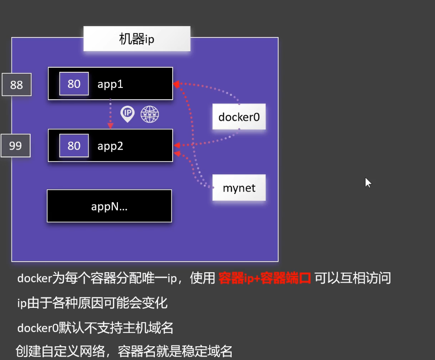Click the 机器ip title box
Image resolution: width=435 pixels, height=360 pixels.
pyautogui.click(x=137, y=39)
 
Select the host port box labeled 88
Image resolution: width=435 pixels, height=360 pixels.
pyautogui.click(x=16, y=85)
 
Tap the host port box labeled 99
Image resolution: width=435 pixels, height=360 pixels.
pyautogui.click(x=16, y=146)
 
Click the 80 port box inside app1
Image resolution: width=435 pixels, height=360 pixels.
pyautogui.click(x=74, y=84)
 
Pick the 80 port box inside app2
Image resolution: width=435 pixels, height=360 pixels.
pyautogui.click(x=74, y=145)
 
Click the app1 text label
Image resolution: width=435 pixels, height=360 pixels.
pyautogui.click(x=110, y=84)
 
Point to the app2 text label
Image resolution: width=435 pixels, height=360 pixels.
pyautogui.click(x=110, y=146)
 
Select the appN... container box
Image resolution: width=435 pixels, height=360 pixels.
pyautogui.click(x=109, y=206)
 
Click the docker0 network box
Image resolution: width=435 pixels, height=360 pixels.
pyautogui.click(x=239, y=117)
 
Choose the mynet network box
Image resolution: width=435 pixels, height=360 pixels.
pyautogui.click(x=239, y=188)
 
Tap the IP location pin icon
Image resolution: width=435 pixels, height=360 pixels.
pyautogui.click(x=127, y=114)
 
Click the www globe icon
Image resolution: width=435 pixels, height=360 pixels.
pyautogui.click(x=150, y=114)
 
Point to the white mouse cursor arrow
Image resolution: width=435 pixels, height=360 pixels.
pyautogui.click(x=367, y=183)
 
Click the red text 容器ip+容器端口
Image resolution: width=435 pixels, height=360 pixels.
pyautogui.click(x=265, y=278)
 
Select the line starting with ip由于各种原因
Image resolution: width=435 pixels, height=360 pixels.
pyautogui.click(x=92, y=303)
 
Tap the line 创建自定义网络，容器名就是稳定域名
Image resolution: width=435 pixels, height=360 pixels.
pyautogui.click(x=124, y=351)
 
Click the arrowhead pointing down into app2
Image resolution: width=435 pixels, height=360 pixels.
pyautogui.click(x=110, y=125)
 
